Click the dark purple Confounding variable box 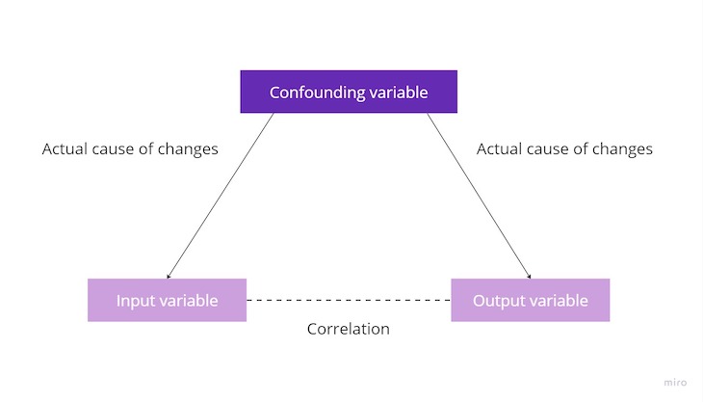(x=348, y=94)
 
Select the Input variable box (x=167, y=300)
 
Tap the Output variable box (x=530, y=300)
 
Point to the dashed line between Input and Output (x=349, y=301)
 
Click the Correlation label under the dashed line (x=348, y=329)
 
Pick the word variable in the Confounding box (x=396, y=94)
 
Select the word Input (x=136, y=301)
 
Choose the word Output (x=497, y=301)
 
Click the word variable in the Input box (x=189, y=301)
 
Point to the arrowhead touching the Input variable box (x=169, y=277)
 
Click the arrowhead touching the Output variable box (x=529, y=277)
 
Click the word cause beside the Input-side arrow (x=116, y=149)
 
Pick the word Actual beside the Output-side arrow (x=500, y=149)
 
